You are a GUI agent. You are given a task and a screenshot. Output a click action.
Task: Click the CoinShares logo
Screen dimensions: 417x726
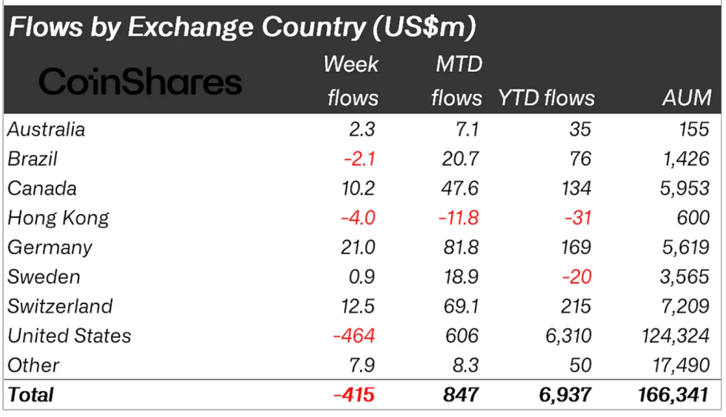pos(140,81)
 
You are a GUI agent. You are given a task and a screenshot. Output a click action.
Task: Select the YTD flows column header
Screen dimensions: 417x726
pos(546,97)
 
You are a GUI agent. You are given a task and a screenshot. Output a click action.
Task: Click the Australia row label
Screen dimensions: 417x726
pos(46,130)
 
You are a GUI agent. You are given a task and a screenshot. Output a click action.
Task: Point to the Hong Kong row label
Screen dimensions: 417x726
pos(58,218)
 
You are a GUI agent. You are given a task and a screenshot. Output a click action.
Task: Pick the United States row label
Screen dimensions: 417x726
pos(69,336)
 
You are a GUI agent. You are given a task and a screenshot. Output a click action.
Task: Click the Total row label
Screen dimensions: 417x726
pos(30,395)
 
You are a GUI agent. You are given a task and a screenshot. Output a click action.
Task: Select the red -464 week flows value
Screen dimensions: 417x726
pos(354,336)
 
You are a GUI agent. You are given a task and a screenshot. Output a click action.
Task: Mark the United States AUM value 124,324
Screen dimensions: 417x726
pos(675,336)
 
